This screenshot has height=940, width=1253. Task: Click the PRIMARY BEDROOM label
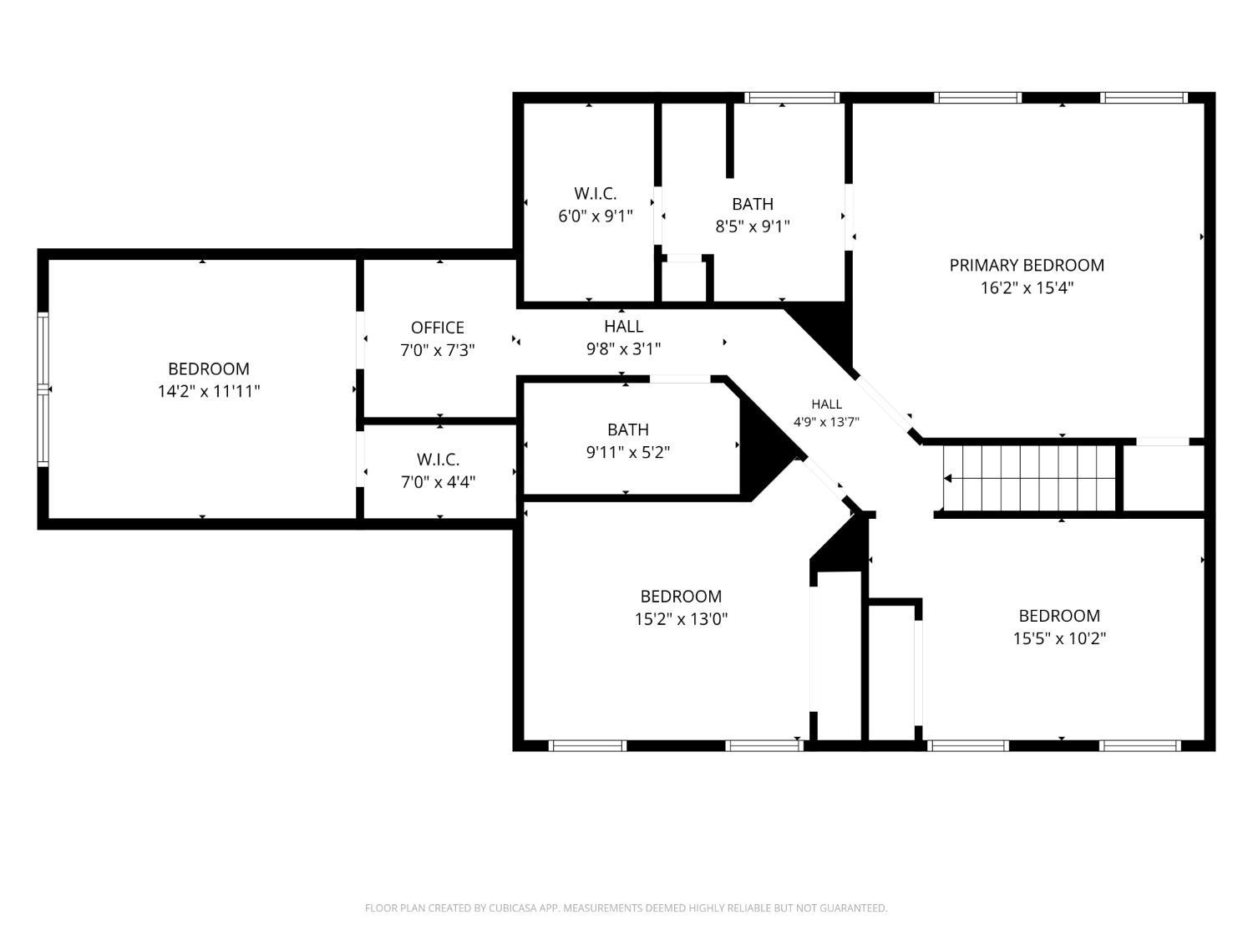[1026, 266]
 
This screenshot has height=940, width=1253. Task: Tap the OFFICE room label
[437, 328]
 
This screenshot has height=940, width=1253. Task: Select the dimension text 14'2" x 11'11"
[209, 392]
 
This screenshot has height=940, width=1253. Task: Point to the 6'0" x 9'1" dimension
[596, 216]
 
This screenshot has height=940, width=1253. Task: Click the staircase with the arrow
[1029, 478]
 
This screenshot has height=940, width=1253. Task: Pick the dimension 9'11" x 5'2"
[627, 453]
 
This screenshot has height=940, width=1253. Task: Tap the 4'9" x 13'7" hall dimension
[826, 422]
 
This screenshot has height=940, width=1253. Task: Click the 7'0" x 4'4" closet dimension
[438, 482]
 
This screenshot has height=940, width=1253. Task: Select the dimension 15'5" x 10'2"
[1059, 638]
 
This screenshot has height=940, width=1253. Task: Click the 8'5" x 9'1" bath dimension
[753, 226]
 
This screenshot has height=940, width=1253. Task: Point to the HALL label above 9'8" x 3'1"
[623, 327]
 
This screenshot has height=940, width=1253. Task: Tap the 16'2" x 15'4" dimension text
[1027, 287]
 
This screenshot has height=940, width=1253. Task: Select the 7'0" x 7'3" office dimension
[437, 350]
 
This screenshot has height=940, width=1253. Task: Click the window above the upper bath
[792, 98]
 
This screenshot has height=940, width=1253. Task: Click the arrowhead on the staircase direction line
[947, 478]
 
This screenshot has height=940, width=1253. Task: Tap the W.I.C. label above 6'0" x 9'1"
[596, 194]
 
